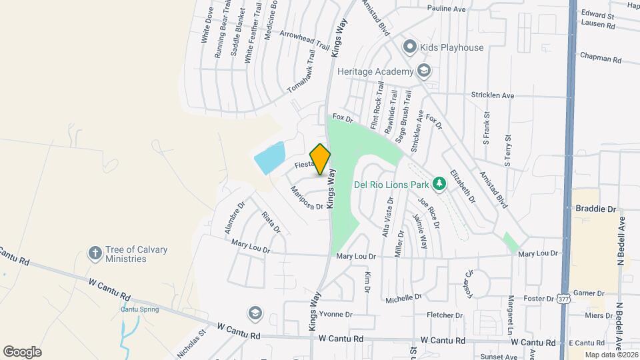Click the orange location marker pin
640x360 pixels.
pos(321,159)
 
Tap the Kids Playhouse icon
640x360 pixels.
pos(409,47)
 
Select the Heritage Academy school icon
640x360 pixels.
pos(423,71)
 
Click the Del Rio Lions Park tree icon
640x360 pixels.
pos(439,183)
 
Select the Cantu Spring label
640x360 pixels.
pos(138,309)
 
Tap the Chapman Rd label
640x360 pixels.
pos(601,59)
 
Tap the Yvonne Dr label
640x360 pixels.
pos(335,315)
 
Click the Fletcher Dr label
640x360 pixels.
pos(445,315)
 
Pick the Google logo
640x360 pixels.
pos(22,351)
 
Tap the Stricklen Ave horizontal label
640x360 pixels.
pos(493,95)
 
